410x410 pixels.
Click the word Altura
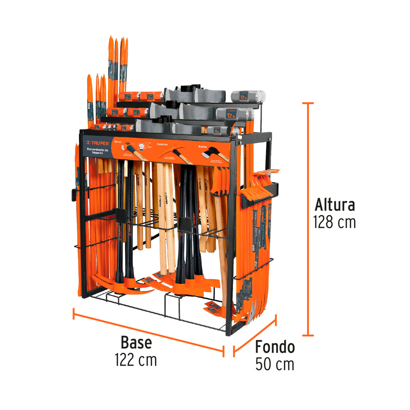click(334, 205)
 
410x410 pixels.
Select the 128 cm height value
click(334, 221)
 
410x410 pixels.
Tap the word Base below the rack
click(136, 343)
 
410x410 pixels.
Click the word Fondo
click(275, 347)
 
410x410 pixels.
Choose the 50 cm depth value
click(275, 364)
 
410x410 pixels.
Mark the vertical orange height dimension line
click(307, 219)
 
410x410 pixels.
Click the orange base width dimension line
click(148, 331)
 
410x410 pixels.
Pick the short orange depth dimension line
click(255, 336)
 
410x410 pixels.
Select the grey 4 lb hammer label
click(217, 130)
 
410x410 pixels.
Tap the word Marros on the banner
click(117, 141)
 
